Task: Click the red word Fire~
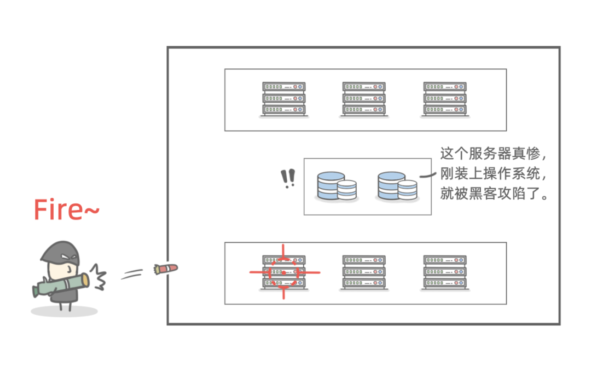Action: click(66, 210)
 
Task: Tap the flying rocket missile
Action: click(166, 269)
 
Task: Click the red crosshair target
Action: click(284, 272)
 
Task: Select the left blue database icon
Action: click(337, 187)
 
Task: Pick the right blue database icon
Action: click(397, 187)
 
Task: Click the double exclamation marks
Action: click(288, 178)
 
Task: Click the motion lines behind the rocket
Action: click(132, 274)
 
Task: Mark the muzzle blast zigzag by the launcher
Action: click(99, 277)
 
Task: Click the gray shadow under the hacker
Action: click(64, 311)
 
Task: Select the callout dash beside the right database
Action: click(428, 175)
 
